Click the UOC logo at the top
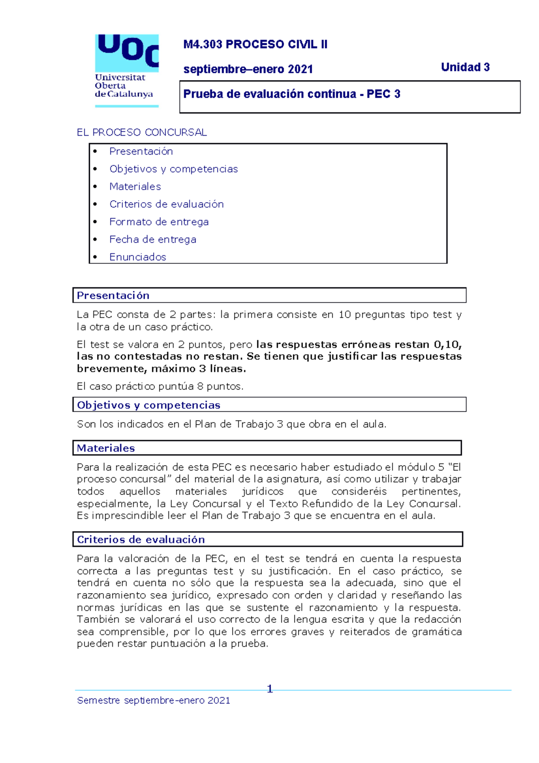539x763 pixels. [127, 70]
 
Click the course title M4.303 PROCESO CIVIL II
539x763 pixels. [255, 44]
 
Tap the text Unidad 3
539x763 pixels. [465, 67]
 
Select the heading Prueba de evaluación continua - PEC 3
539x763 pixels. [292, 94]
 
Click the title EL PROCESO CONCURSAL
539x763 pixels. [141, 132]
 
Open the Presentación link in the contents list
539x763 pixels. [141, 151]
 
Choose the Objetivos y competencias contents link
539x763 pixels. [173, 169]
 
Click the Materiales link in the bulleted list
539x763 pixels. [135, 186]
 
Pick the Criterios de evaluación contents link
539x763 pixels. [166, 204]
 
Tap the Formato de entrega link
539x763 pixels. [159, 222]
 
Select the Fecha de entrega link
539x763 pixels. [153, 239]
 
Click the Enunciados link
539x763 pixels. [137, 257]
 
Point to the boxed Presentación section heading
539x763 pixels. [113, 295]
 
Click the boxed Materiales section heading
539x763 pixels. [106, 448]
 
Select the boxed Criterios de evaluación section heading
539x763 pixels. [141, 539]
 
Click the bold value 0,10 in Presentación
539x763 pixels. [446, 345]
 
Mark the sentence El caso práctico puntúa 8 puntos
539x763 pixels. [160, 386]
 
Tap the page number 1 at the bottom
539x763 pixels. [269, 688]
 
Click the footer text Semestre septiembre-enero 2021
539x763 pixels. [153, 700]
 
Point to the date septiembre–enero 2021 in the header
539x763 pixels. [248, 69]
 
